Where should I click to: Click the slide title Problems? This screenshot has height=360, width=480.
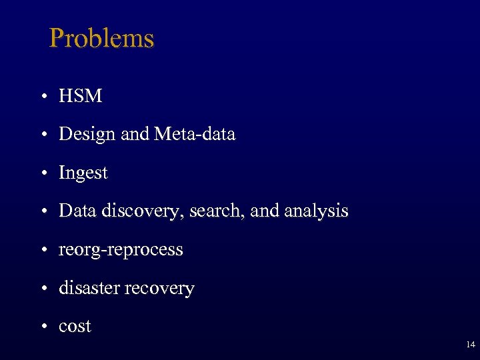tap(101, 39)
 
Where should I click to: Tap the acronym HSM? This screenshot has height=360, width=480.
tap(81, 96)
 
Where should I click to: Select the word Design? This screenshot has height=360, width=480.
tap(88, 135)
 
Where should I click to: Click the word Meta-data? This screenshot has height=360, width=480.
tap(195, 135)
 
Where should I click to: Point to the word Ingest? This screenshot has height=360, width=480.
tap(83, 173)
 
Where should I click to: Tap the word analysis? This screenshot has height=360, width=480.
tap(316, 211)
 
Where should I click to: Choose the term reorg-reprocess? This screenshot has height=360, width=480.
tap(121, 250)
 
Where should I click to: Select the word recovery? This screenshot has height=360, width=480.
tap(161, 288)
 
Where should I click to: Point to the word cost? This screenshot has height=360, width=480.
tap(75, 327)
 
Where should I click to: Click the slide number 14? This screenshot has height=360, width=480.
tap(471, 345)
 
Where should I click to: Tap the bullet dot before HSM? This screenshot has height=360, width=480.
tap(42, 97)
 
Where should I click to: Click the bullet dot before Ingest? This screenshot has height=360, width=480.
tap(42, 174)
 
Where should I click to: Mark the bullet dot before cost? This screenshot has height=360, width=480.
tap(42, 327)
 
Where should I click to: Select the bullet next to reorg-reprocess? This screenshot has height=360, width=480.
tap(42, 251)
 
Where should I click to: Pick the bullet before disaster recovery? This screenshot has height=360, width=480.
tap(42, 289)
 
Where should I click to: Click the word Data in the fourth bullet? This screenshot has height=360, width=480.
tap(76, 211)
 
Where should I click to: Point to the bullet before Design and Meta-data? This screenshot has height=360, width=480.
tap(42, 135)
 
